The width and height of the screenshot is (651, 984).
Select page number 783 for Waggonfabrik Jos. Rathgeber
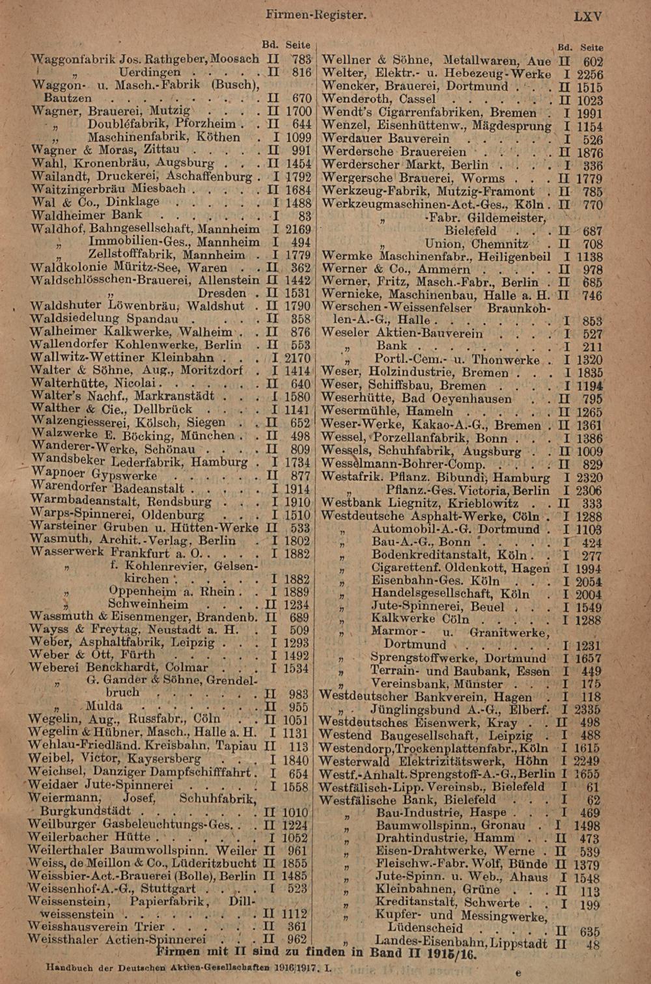pyautogui.click(x=301, y=59)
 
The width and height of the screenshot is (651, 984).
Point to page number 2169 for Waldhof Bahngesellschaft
pyautogui.click(x=298, y=229)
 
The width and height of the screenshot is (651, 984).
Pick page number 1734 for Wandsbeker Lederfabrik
pyautogui.click(x=298, y=462)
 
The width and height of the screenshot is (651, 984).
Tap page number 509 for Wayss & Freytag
pyautogui.click(x=299, y=630)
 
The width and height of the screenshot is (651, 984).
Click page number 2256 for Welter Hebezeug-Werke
pyautogui.click(x=590, y=74)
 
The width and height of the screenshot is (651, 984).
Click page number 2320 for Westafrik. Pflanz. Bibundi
pyautogui.click(x=589, y=478)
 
